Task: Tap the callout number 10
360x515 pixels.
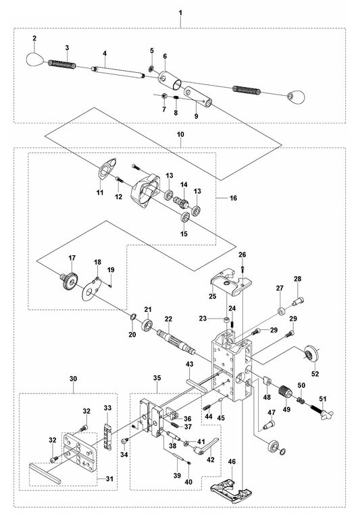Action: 180,135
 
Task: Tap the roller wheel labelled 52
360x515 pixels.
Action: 312,354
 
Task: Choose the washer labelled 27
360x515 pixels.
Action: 278,313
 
